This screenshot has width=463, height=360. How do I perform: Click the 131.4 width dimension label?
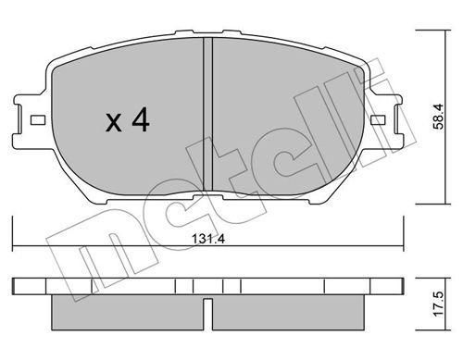click(x=208, y=239)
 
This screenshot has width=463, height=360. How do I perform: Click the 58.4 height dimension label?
click(x=438, y=117)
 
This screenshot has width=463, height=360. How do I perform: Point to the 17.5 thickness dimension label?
click(x=438, y=304)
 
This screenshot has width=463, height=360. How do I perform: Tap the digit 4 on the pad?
click(x=141, y=120)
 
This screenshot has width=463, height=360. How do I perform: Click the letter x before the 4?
click(x=114, y=122)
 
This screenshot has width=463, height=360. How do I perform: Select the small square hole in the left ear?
click(x=38, y=120)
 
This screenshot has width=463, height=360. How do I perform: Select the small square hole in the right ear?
click(x=378, y=120)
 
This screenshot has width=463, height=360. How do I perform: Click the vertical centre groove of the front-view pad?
click(x=208, y=114)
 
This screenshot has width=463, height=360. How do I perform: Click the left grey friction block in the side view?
click(x=128, y=313)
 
